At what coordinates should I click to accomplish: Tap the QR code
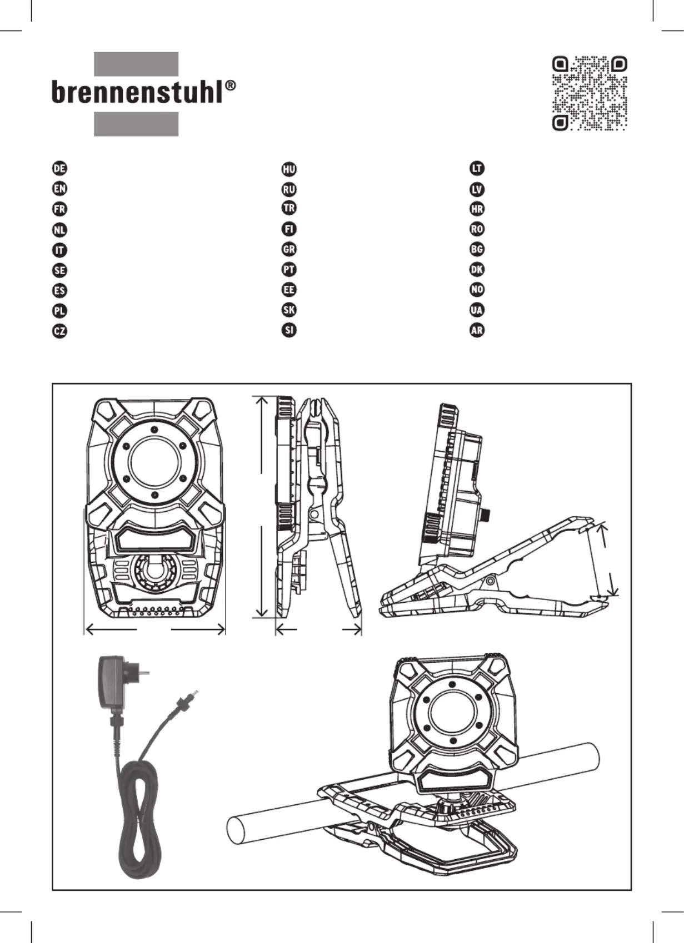tap(590, 93)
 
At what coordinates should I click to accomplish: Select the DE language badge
tap(60, 168)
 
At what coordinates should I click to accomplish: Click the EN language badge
tap(60, 188)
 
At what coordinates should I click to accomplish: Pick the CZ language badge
tap(60, 331)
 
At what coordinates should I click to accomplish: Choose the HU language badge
tap(289, 169)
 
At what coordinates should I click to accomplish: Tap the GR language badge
tap(289, 249)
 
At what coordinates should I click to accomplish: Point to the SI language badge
tap(289, 330)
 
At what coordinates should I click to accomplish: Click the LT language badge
tap(477, 168)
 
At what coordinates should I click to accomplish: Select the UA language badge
tap(477, 310)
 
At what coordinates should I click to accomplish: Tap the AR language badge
tap(477, 330)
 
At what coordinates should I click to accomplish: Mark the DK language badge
tap(477, 269)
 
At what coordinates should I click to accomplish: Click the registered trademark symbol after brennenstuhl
tap(231, 85)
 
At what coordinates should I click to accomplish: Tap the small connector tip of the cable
tap(194, 693)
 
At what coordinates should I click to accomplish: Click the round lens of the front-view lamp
tap(154, 462)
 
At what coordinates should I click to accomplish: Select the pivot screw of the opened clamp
tap(490, 581)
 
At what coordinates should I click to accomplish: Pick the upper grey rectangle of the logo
tap(136, 64)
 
